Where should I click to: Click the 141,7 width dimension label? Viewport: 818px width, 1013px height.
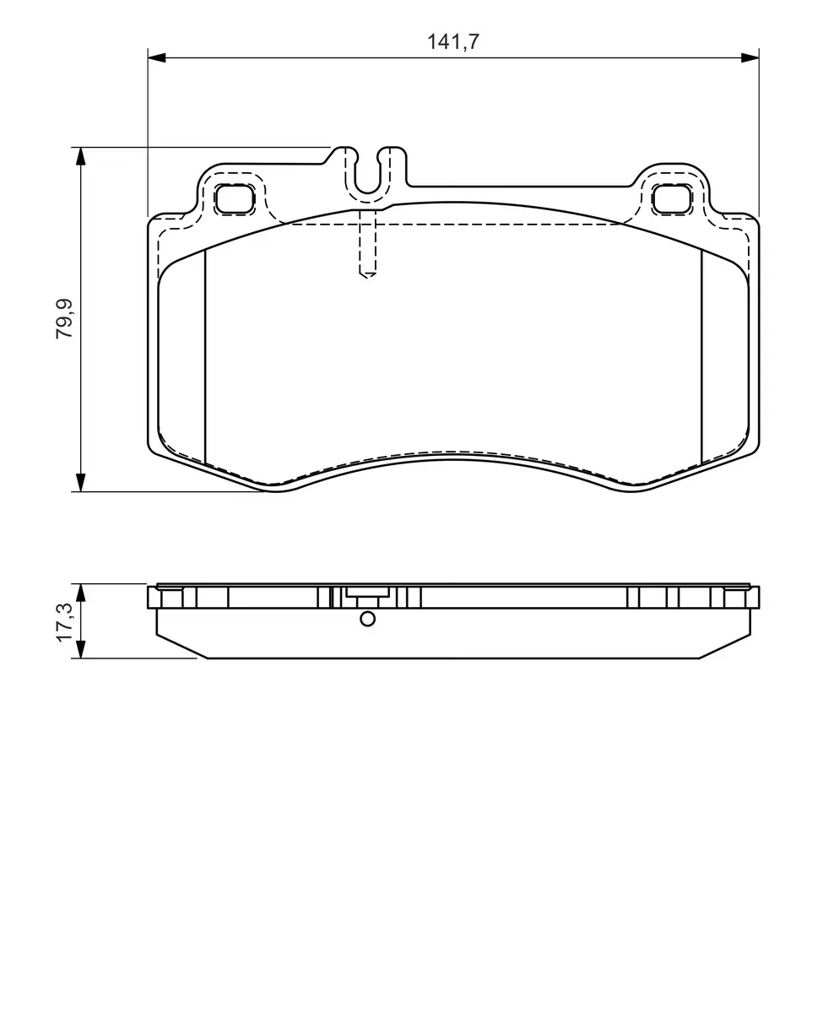coord(452,42)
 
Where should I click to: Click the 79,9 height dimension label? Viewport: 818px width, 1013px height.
coord(65,318)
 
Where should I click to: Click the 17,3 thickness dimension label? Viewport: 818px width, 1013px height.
coord(65,622)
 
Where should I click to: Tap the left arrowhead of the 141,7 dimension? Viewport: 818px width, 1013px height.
coord(156,57)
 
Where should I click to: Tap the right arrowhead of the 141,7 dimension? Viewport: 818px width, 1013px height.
coord(750,57)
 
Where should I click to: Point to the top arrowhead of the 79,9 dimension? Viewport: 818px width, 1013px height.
coord(80,156)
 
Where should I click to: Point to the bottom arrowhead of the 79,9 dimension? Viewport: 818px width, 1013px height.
coord(80,483)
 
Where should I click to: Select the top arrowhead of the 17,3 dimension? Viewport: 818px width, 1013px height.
coord(80,593)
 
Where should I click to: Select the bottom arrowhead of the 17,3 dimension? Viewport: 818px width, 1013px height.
coord(80,650)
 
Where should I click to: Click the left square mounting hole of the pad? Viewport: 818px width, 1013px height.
coord(234,198)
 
